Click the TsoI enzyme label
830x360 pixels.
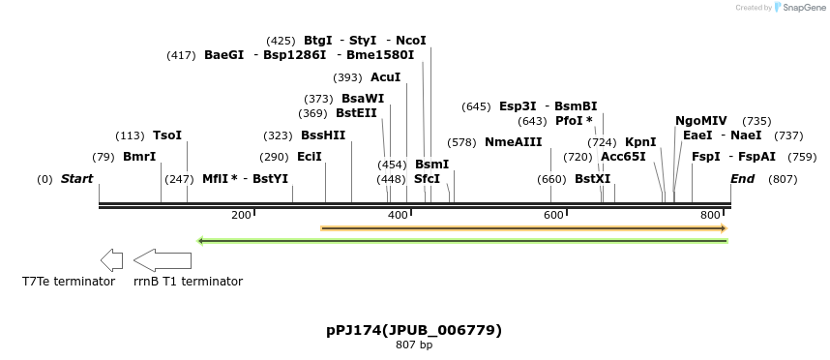click(x=167, y=135)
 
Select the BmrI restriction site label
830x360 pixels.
click(x=139, y=157)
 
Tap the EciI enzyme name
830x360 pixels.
click(x=310, y=157)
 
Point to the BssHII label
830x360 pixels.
click(x=323, y=135)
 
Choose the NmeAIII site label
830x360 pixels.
click(x=514, y=142)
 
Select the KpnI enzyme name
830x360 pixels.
click(x=640, y=142)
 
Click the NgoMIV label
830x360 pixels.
click(x=701, y=121)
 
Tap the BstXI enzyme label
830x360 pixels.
click(x=593, y=179)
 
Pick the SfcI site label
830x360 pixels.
click(x=427, y=179)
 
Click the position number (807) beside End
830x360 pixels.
click(x=783, y=179)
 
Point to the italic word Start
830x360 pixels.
click(x=76, y=179)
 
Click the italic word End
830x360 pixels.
click(x=742, y=179)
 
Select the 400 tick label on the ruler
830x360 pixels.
click(x=398, y=215)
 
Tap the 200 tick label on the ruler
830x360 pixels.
click(x=241, y=215)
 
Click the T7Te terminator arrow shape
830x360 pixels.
click(x=111, y=259)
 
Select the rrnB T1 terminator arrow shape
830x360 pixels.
click(x=162, y=259)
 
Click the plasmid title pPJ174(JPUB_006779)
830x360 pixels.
click(x=414, y=330)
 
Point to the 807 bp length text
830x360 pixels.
click(x=414, y=345)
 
